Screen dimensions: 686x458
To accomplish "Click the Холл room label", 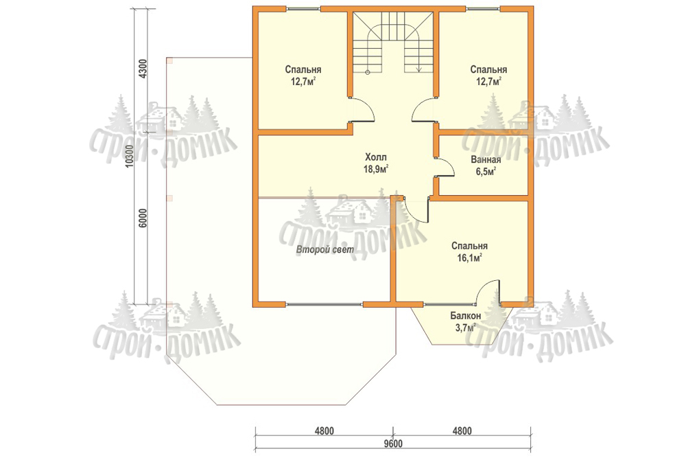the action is pos(376,157).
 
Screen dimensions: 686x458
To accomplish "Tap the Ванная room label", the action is pos(486,159).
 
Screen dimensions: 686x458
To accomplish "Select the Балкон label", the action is pos(466,315).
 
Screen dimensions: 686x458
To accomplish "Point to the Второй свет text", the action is pos(325,250).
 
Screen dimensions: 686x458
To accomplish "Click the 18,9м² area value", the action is pos(376,169).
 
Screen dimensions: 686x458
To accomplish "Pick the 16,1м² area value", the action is pos(469,258).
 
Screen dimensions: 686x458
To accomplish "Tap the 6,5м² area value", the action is pos(486,171).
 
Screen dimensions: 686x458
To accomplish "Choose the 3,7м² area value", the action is pos(466,328).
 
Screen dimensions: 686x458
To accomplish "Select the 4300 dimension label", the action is pos(143,68).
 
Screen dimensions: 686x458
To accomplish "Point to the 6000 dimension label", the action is pos(143,218).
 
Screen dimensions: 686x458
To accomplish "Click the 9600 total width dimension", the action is pos(392,444).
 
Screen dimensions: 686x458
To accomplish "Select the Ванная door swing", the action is pos(445,167).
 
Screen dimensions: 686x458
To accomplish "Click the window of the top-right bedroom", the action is pos(483,8).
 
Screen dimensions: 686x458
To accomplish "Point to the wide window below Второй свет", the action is pos(324,303).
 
